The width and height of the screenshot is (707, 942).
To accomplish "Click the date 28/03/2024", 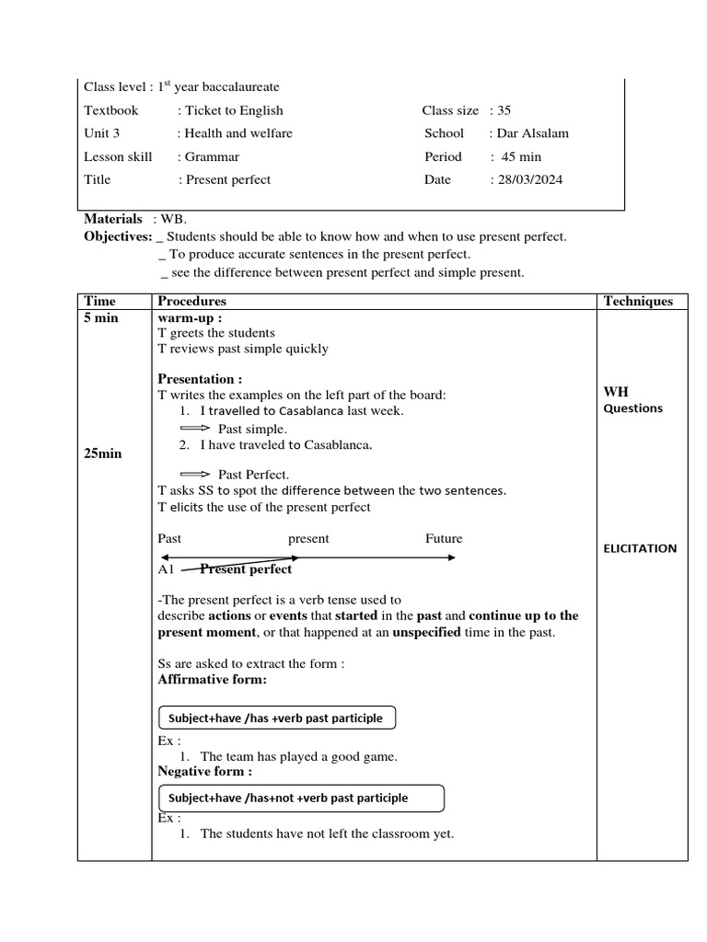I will (x=529, y=179).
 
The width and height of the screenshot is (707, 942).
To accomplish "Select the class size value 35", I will (x=504, y=110).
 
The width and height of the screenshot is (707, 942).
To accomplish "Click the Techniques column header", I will (x=638, y=301).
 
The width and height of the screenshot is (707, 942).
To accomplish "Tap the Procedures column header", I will (x=191, y=301).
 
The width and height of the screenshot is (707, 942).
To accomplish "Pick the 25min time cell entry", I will (x=102, y=454).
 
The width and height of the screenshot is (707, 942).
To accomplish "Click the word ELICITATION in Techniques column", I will (x=640, y=548).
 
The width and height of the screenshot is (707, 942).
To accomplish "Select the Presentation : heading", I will (x=200, y=379).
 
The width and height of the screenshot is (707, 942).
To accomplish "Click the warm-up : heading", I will (x=191, y=317).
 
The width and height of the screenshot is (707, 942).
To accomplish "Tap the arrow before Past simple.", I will (x=195, y=429).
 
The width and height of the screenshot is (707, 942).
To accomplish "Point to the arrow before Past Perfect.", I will (x=195, y=475).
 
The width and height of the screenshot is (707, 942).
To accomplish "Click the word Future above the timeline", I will (x=444, y=538).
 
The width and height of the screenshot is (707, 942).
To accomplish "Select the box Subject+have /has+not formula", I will (x=301, y=798).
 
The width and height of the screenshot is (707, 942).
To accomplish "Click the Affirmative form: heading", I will (x=213, y=680).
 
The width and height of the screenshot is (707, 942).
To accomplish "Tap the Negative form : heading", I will (x=204, y=771).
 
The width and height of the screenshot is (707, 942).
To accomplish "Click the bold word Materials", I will (x=113, y=219).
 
